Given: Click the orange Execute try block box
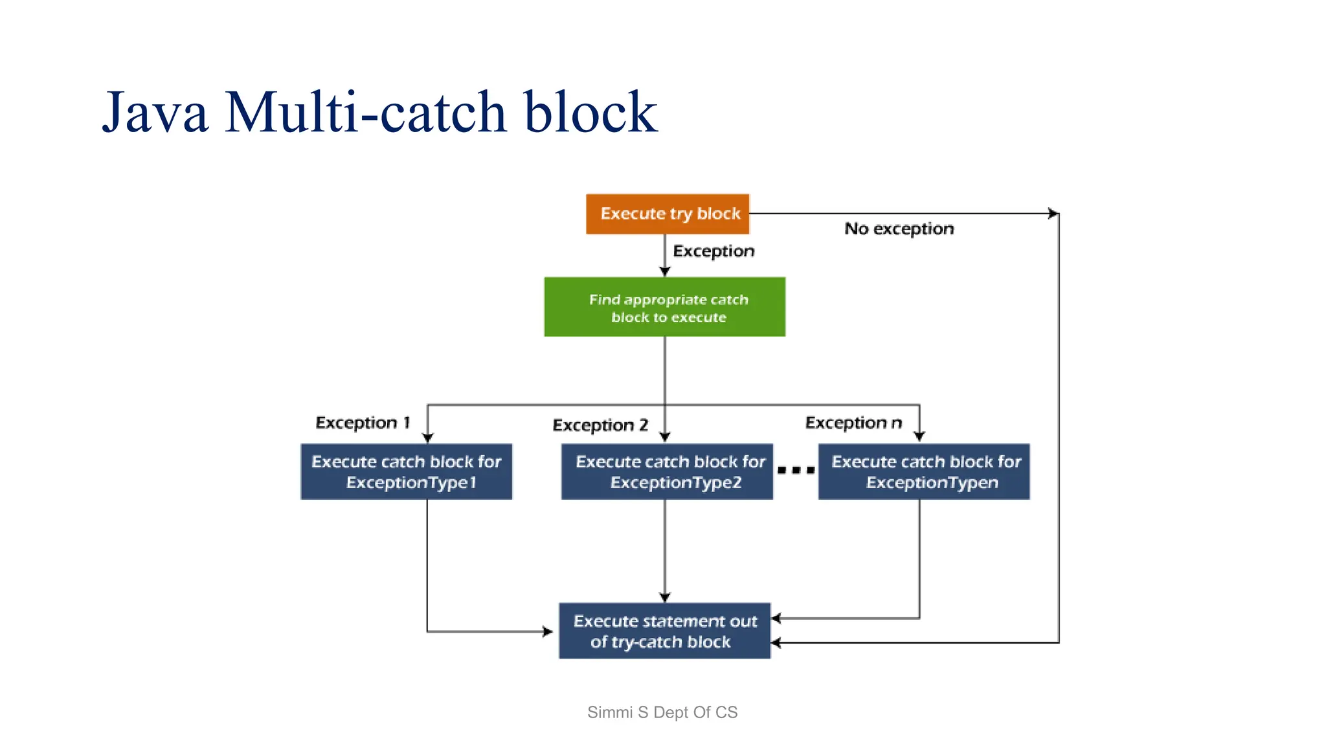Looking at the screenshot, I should pyautogui.click(x=668, y=214).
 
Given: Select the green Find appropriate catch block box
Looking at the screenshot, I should pyautogui.click(x=665, y=307).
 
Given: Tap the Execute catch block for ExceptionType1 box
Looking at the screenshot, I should pyautogui.click(x=407, y=471).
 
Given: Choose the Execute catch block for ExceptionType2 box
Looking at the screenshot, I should pyautogui.click(x=667, y=471).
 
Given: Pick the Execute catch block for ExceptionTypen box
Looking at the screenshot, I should pyautogui.click(x=924, y=471).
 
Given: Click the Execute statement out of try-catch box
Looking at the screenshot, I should pyautogui.click(x=665, y=631).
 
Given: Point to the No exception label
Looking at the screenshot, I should pyautogui.click(x=899, y=229).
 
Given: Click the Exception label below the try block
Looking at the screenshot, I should pyautogui.click(x=714, y=251).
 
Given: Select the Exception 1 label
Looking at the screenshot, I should pyautogui.click(x=363, y=423).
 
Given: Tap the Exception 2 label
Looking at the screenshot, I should pyautogui.click(x=600, y=425).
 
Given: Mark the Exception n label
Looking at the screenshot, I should pyautogui.click(x=853, y=423).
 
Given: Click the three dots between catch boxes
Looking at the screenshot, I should pyautogui.click(x=796, y=470).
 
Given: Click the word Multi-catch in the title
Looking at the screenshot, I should pyautogui.click(x=366, y=112).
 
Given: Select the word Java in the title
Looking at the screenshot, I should pyautogui.click(x=155, y=112).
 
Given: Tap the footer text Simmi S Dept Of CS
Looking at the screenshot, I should pyautogui.click(x=662, y=712).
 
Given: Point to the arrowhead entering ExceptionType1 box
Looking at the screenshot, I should pyautogui.click(x=427, y=438).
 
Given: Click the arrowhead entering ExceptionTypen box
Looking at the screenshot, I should pyautogui.click(x=919, y=437).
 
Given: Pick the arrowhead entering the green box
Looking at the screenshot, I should pyautogui.click(x=665, y=271).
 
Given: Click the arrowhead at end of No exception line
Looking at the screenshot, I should pyautogui.click(x=1053, y=214).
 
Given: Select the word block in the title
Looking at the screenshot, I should pyautogui.click(x=590, y=112).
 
